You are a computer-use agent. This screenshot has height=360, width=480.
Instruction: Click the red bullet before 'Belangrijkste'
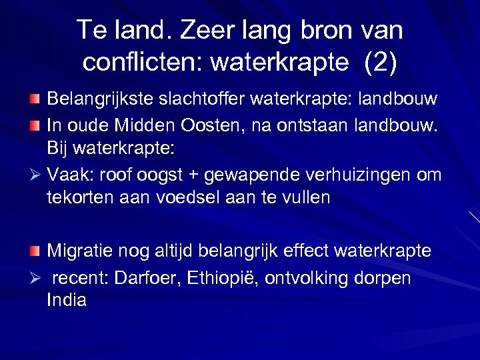point(35,99)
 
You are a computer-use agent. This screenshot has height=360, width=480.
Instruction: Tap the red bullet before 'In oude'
point(35,123)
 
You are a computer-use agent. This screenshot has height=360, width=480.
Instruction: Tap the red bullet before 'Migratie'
point(35,251)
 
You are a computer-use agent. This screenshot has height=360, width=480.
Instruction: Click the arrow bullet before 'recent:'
point(35,277)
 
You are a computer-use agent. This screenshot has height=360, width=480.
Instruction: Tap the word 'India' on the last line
point(67,301)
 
